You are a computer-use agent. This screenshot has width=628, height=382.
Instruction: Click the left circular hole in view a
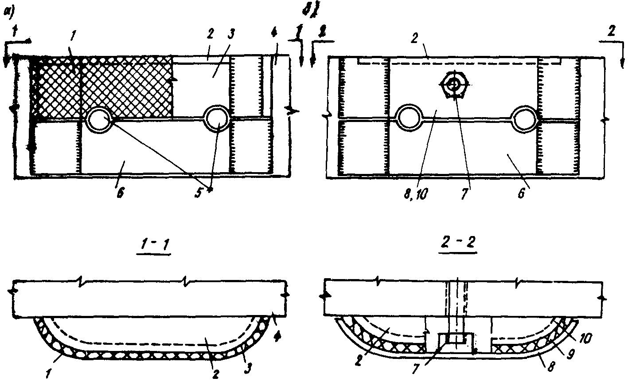click(x=99, y=118)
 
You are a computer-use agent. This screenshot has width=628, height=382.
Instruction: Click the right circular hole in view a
click(x=217, y=118)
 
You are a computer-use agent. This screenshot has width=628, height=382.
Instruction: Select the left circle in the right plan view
click(x=410, y=118)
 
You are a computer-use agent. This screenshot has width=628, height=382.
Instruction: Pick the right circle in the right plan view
click(x=525, y=118)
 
